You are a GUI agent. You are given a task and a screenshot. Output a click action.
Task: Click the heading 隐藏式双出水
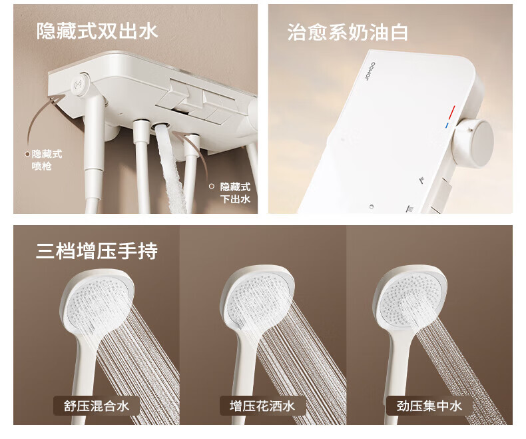[97, 31]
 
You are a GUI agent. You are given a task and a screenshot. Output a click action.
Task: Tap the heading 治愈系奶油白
[348, 32]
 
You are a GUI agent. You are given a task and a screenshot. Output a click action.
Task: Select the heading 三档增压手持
[97, 250]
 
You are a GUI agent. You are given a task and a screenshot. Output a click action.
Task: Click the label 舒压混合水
[97, 406]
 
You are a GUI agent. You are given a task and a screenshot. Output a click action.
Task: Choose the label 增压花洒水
[262, 406]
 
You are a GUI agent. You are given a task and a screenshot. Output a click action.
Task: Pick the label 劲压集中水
[429, 406]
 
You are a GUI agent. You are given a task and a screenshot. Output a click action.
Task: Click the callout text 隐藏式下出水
[235, 193]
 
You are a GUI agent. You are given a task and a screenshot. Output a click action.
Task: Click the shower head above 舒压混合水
[97, 298]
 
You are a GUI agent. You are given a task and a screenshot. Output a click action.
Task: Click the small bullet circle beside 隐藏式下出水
[211, 187]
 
